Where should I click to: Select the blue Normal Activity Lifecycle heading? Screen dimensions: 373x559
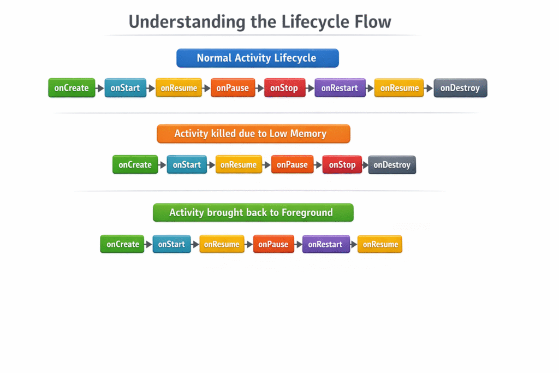tap(257, 58)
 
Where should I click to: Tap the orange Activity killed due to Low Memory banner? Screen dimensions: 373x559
tap(253, 134)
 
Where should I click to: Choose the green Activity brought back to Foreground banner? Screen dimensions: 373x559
tap(253, 212)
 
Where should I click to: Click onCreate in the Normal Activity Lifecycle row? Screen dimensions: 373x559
tap(72, 88)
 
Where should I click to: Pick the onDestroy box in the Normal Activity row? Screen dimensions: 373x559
tap(460, 88)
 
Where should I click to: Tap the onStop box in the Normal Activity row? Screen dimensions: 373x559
tap(284, 88)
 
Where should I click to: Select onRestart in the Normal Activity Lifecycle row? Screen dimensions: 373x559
tap(340, 88)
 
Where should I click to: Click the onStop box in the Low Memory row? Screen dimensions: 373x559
tap(342, 164)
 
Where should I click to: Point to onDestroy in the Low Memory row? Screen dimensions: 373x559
tap(392, 164)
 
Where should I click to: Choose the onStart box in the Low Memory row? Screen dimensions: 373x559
tap(187, 164)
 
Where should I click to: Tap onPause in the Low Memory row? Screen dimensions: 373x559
tap(292, 164)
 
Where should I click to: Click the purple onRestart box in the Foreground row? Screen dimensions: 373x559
tap(325, 244)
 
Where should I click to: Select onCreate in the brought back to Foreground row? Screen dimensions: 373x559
tap(122, 244)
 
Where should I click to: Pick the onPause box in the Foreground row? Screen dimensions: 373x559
tap(273, 244)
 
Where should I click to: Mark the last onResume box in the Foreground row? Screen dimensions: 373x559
tap(380, 244)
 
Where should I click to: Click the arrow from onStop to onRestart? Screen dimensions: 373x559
tap(310, 88)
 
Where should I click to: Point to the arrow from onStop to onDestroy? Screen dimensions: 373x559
tap(365, 164)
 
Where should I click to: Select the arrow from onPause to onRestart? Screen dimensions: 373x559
tap(299, 244)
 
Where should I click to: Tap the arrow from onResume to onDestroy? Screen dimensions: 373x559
tap(429, 88)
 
